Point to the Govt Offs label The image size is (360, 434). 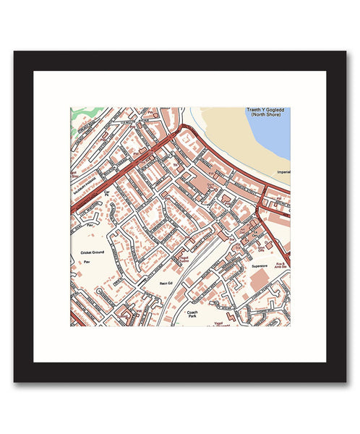pos(262,247)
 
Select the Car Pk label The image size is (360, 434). pos(109,195)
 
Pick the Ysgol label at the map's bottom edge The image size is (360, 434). pos(219,323)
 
